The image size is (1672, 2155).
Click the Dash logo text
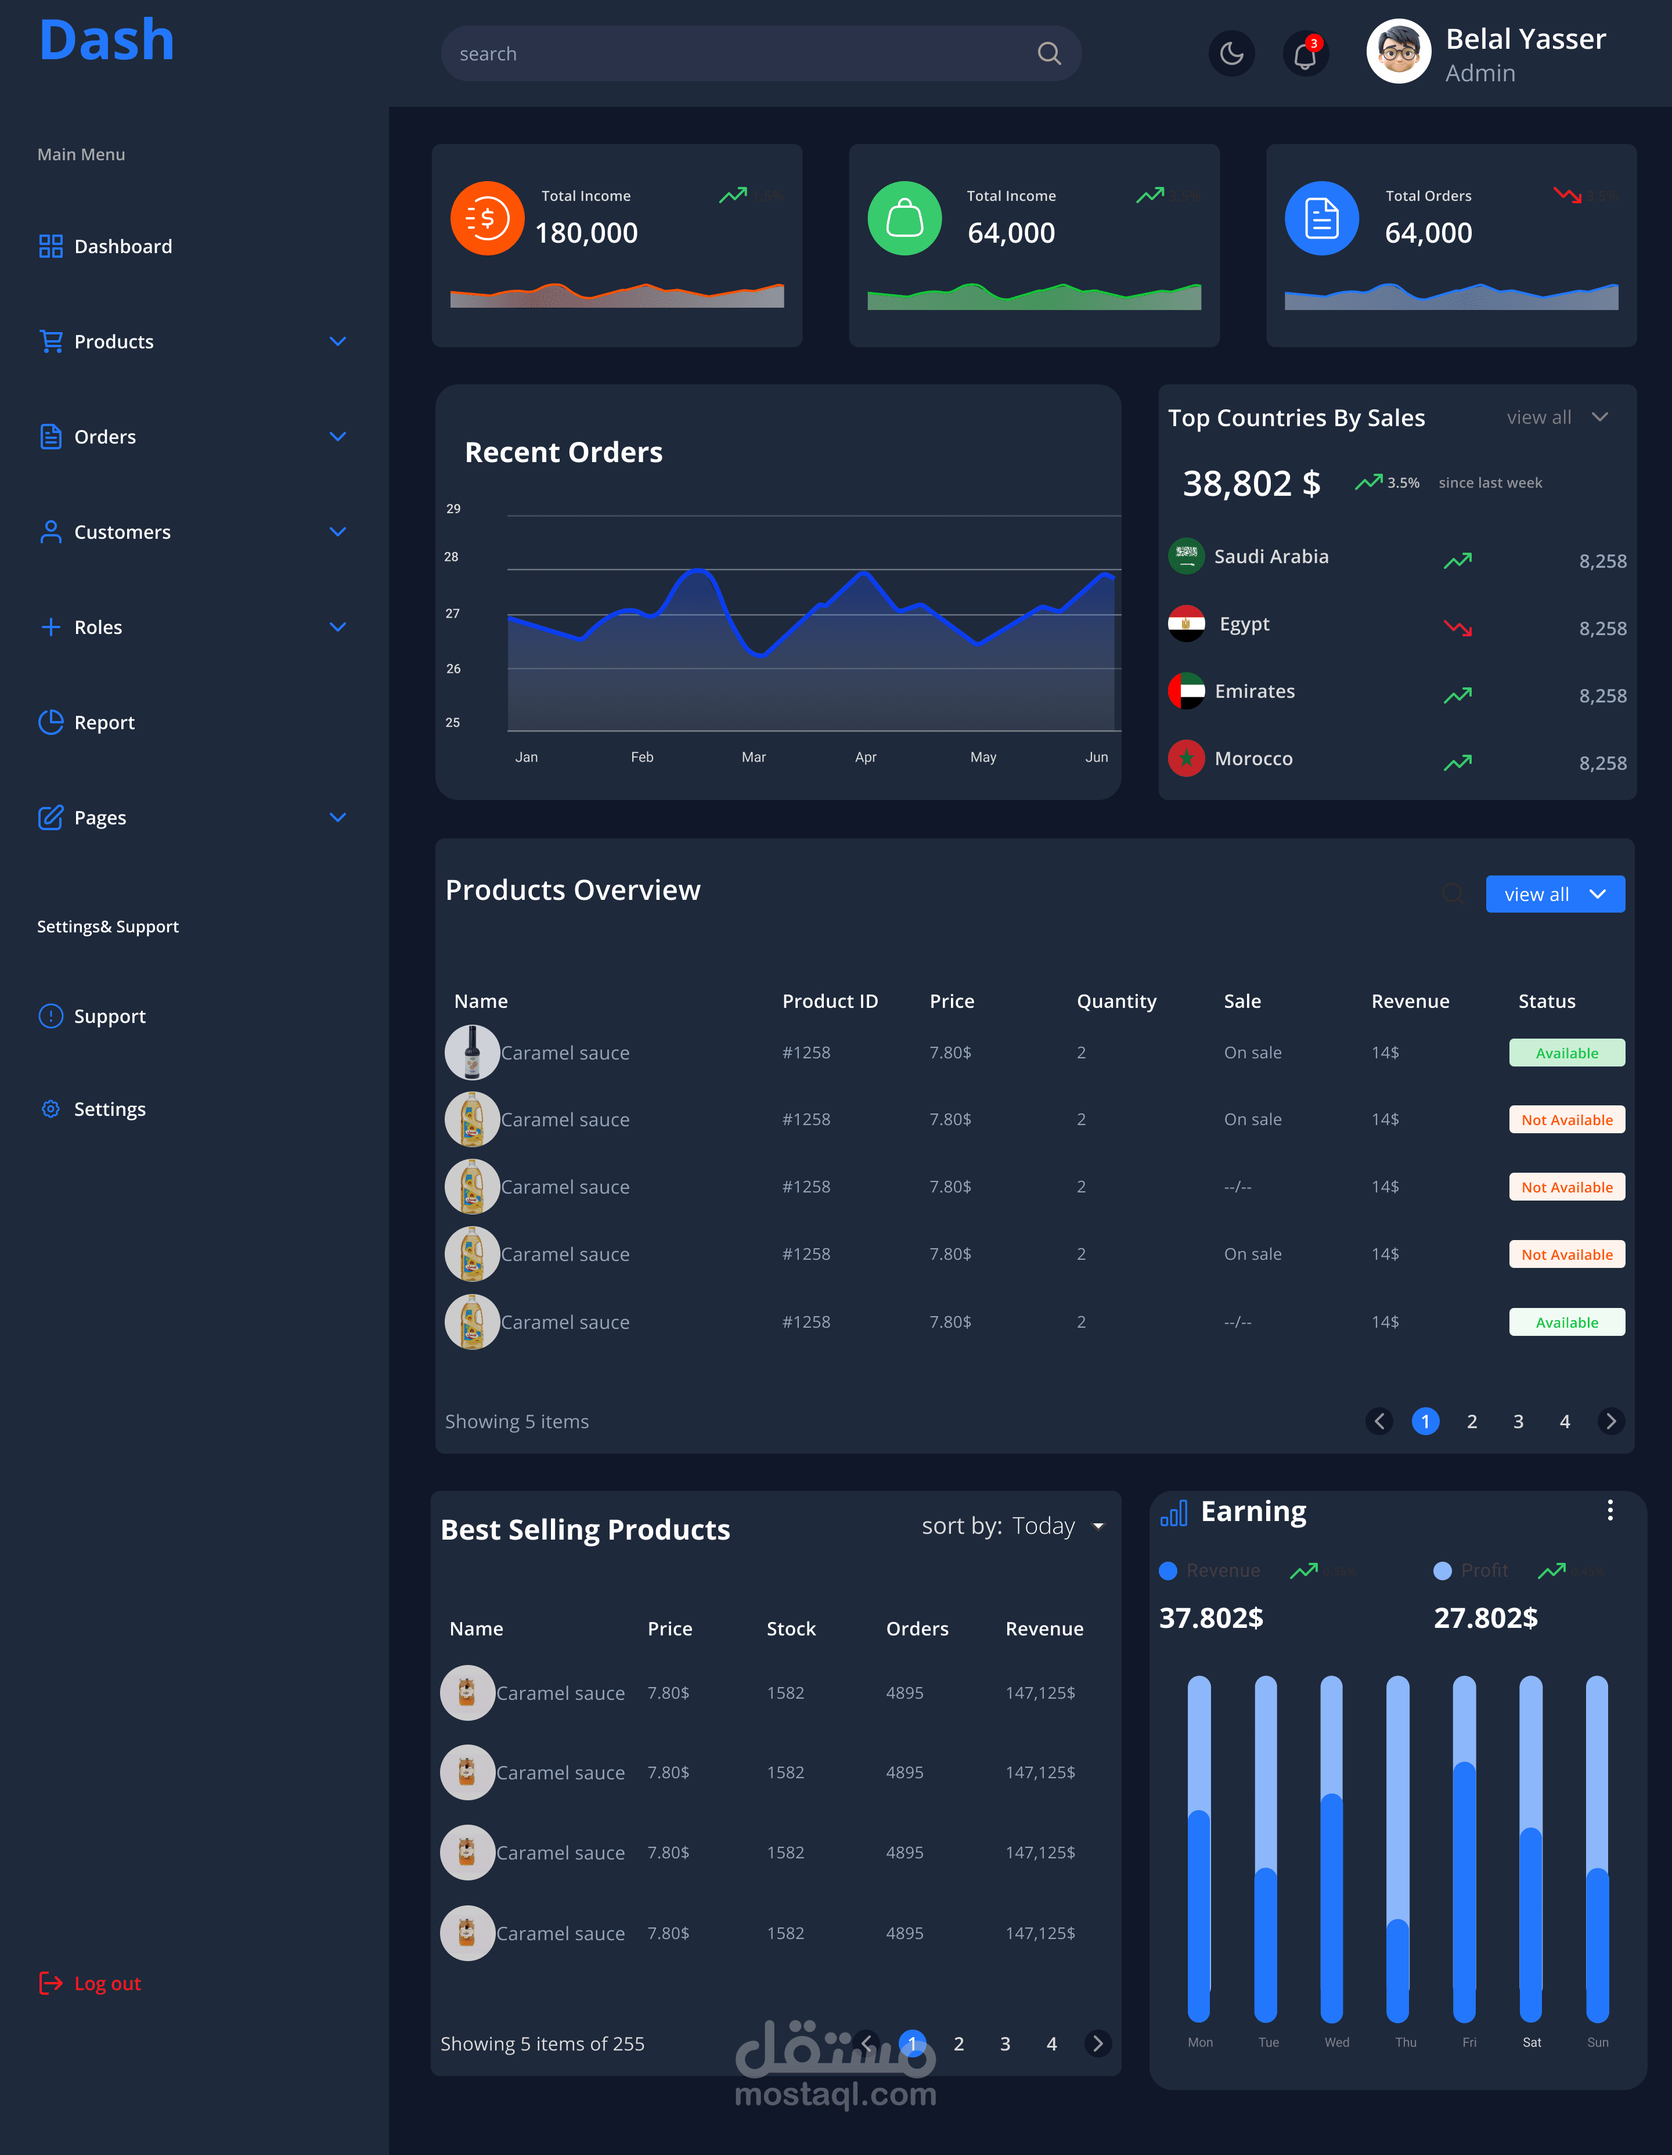(x=107, y=41)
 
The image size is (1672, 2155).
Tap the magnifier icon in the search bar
(x=1049, y=54)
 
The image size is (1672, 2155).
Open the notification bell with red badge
(x=1305, y=54)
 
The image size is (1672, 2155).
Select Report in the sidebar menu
(x=104, y=722)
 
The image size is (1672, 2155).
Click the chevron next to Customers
(x=337, y=532)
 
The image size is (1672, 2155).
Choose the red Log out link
(x=107, y=1983)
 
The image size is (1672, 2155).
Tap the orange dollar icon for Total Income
(x=487, y=218)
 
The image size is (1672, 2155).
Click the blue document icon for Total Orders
(x=1321, y=218)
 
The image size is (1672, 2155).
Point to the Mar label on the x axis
(x=753, y=757)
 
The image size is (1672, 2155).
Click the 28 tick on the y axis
(x=451, y=557)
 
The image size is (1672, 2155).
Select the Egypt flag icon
(x=1187, y=624)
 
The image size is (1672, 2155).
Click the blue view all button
(x=1555, y=894)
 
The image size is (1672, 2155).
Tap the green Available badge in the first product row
(x=1566, y=1053)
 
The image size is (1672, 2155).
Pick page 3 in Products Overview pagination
(x=1518, y=1421)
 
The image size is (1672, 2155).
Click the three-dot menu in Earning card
(x=1610, y=1511)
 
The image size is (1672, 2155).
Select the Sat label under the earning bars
(x=1531, y=2042)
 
